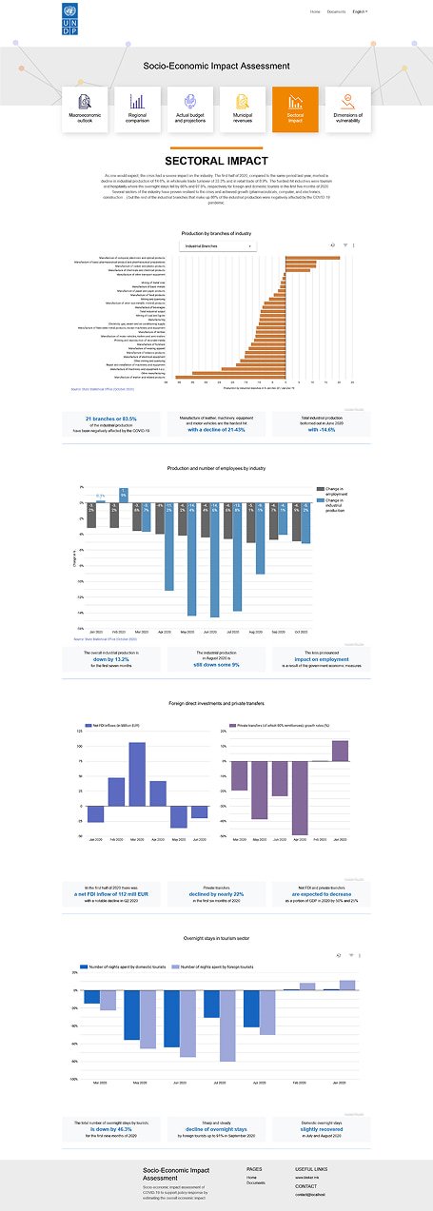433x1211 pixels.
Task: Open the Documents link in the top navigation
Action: coord(336,11)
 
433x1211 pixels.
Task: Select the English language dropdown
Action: coord(360,11)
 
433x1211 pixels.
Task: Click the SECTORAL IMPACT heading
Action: coord(216,162)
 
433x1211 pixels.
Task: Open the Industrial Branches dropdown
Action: coord(218,245)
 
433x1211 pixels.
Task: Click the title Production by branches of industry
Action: coord(216,232)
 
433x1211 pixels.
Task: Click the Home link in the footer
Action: coord(251,1177)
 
